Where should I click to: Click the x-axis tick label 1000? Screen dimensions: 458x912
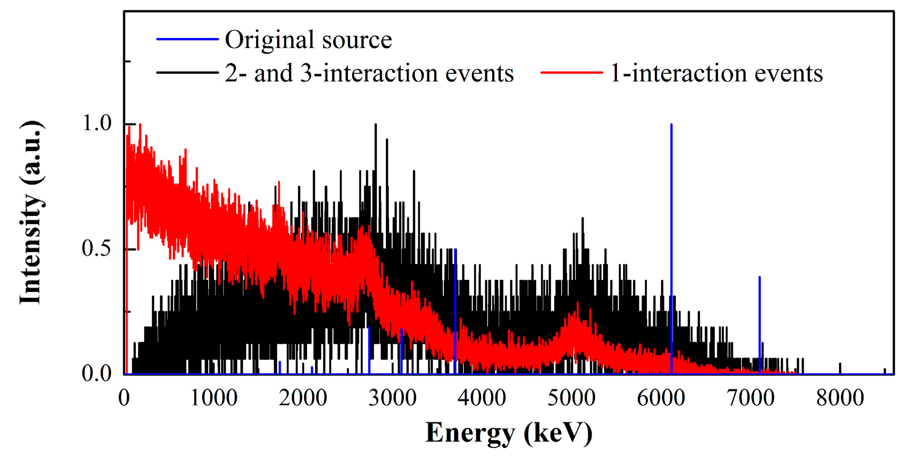coord(214,398)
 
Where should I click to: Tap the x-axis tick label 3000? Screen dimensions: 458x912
coord(392,398)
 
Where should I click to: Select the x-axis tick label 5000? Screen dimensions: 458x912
coord(572,398)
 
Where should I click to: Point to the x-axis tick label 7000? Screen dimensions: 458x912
coord(750,398)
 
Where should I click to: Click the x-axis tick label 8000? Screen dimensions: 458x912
coord(840,398)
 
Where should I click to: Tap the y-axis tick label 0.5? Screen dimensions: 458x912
coord(97,248)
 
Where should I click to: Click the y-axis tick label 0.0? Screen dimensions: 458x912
coord(97,374)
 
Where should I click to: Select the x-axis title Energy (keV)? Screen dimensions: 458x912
coord(509,432)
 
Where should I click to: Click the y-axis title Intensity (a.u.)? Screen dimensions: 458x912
coord(31,212)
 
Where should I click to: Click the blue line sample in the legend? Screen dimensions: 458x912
coord(187,39)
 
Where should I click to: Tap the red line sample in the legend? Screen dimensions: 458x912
coord(572,73)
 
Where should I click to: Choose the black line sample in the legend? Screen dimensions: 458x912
coord(187,73)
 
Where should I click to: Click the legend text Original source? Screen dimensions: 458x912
coord(308,40)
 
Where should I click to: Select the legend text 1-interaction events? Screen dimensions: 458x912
coord(716,73)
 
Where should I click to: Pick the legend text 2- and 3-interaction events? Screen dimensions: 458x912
coord(369,73)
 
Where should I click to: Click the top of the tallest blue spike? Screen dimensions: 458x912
coord(671,125)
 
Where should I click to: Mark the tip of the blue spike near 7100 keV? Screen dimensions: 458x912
coord(759,277)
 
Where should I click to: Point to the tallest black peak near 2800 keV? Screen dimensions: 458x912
coord(375,125)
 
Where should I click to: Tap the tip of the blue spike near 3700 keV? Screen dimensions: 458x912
coord(455,249)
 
